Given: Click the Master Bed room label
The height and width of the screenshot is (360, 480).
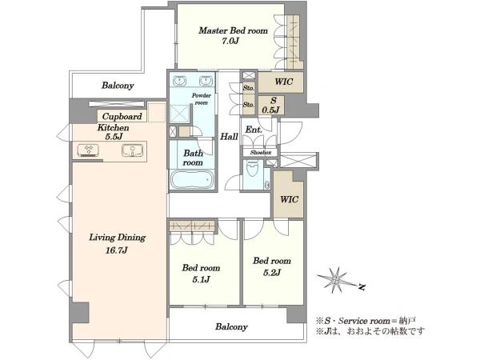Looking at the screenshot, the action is pos(233,30).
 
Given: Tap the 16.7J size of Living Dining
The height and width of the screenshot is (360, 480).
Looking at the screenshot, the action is pos(116,250).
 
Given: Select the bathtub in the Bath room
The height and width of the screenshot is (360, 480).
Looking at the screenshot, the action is pos(192,180).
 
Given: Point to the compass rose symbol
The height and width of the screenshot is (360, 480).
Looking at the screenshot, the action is pos(336,280).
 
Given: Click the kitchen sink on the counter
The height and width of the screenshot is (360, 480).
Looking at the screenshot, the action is pos(133,150).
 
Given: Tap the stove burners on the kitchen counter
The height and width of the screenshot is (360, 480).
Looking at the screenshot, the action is pos(89,150).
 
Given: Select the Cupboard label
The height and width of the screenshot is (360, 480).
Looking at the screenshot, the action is pos(122,116).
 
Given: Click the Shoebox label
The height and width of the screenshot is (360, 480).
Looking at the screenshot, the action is pos(261,153).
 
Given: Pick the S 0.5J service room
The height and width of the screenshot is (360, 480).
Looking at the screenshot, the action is pos(271,105).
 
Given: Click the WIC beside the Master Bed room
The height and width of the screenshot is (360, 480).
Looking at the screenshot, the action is pos(283,82).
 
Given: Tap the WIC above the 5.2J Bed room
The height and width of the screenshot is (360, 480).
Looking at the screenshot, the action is pos(289,199).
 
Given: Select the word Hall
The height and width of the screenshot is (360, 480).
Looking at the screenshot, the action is pos(229,137).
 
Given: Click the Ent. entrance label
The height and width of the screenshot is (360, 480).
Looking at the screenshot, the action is pos(254,130).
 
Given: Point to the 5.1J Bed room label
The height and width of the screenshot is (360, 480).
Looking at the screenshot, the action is pos(201,274).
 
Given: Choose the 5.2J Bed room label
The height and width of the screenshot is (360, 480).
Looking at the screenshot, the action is pos(272,266).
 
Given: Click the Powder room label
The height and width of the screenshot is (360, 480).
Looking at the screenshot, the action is pos(202,99).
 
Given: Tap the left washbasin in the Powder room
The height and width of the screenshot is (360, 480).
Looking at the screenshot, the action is pos(178,81).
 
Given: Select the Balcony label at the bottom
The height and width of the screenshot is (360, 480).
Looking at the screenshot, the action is pos(231,326).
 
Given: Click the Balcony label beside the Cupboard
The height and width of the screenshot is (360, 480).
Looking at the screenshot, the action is pos(118,85).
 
